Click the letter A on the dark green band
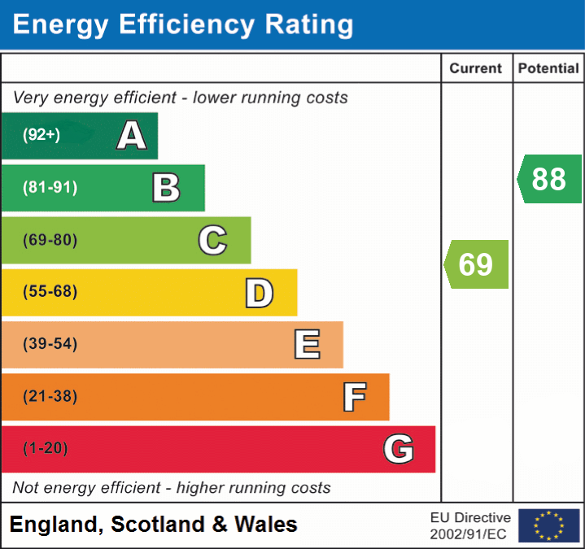coord(132,136)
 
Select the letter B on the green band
coord(166,188)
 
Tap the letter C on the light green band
coord(212,241)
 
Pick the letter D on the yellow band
coord(259,293)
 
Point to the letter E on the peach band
coord(306,345)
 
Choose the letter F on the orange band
coord(353,397)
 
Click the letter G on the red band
coord(399,449)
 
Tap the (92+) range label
coord(41,135)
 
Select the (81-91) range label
coord(50,188)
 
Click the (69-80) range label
coord(50,240)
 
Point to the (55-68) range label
coord(50,292)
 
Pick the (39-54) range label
coord(50,344)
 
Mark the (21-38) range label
coord(50,396)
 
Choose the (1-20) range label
coord(46,448)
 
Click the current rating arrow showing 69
coord(477,264)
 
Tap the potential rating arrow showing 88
coord(550,179)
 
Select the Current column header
coord(477,69)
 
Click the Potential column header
coord(548,69)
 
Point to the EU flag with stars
coord(548,525)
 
